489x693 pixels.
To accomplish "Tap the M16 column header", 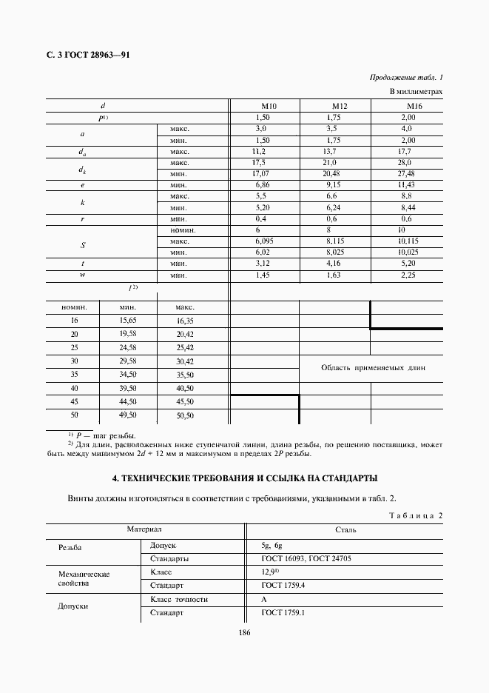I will click(408, 107).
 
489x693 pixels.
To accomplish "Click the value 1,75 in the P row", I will click(334, 118).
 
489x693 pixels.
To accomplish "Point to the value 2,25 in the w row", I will click(408, 275).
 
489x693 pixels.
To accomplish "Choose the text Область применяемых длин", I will click(373, 367).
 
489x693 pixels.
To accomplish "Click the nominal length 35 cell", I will click(74, 375).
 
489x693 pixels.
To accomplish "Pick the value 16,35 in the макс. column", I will click(184, 321).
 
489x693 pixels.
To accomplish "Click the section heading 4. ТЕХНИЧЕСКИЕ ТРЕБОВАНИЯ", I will click(243, 478).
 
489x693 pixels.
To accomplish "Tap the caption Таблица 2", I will click(414, 515).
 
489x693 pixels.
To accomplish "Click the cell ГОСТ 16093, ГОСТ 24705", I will click(306, 558).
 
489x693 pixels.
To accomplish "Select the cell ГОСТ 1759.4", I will click(283, 586).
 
